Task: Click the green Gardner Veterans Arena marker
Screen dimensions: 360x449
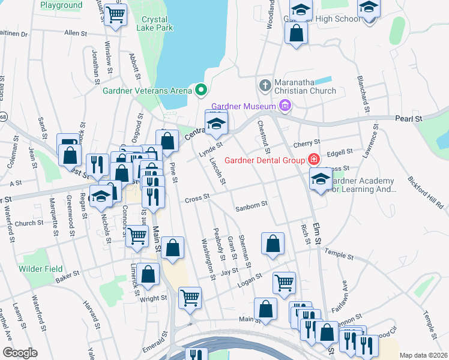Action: (x=202, y=91)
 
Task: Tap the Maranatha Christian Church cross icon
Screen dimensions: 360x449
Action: (x=264, y=83)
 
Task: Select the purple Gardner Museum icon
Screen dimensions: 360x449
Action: (x=285, y=107)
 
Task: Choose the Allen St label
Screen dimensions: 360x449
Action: (x=76, y=32)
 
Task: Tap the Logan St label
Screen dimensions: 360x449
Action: (x=250, y=278)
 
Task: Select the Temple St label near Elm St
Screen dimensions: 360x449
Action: (x=340, y=253)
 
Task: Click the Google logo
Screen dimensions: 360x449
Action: (x=20, y=353)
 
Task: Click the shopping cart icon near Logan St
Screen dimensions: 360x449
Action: (x=284, y=281)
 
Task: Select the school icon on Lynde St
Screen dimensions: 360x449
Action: (x=216, y=124)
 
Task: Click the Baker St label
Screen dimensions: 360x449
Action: (x=67, y=277)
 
